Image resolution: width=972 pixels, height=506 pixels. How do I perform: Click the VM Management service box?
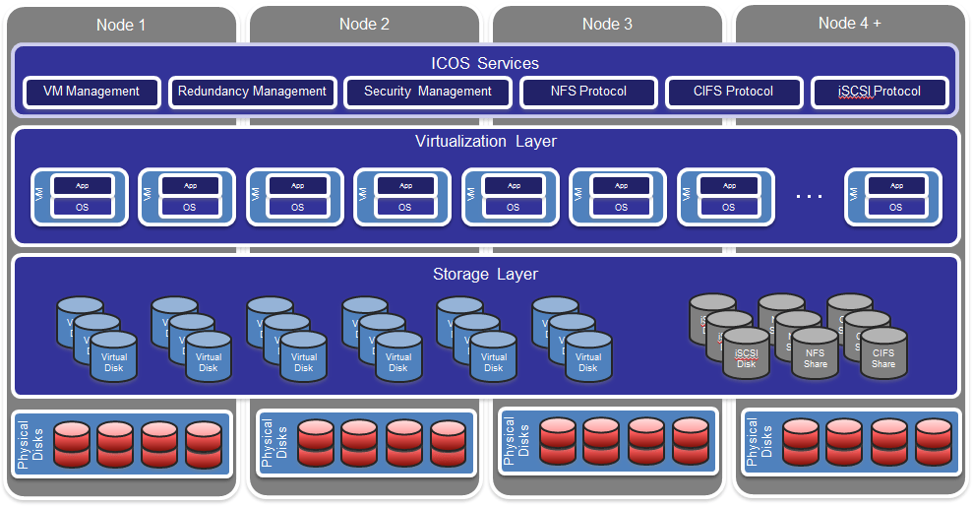coord(91,92)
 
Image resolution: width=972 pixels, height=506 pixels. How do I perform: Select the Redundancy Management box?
coord(252,92)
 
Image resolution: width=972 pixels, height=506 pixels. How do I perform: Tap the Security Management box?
coord(427,92)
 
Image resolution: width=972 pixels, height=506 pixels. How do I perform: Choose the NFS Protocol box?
coord(588,92)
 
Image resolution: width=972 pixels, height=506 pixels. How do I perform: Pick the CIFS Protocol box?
coord(733,92)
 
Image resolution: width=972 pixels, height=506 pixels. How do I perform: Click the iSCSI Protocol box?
coord(880,92)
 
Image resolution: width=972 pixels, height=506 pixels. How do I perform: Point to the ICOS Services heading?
coord(485,63)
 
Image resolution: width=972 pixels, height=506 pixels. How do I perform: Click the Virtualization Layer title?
coord(485,141)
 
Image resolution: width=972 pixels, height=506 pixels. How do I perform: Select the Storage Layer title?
coord(485,274)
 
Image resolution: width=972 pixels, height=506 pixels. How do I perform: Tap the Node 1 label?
coord(121,25)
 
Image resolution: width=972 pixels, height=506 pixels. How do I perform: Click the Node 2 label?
coord(364,24)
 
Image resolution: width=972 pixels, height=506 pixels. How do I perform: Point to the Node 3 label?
coord(607,24)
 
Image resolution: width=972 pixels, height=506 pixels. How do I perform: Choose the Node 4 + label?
coord(849,23)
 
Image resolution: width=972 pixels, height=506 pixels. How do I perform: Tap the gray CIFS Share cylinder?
coord(883,356)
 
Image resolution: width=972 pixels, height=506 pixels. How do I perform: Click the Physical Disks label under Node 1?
coord(30,444)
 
